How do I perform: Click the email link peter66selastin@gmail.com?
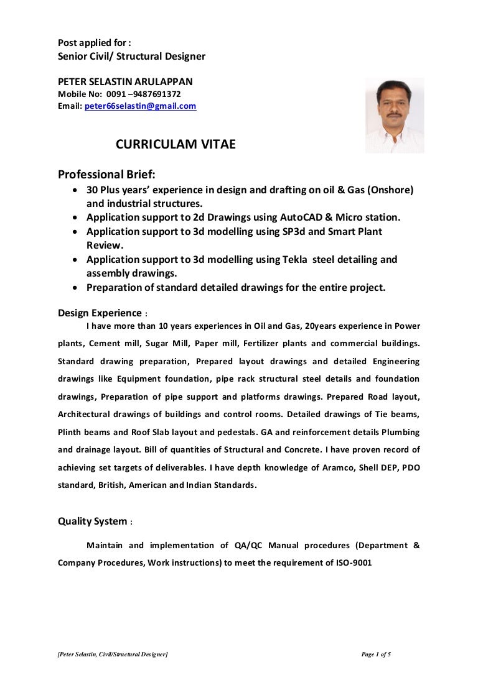pyautogui.click(x=140, y=106)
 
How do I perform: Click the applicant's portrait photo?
pyautogui.click(x=395, y=115)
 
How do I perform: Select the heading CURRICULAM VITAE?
pyautogui.click(x=176, y=145)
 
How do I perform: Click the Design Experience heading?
pyautogui.click(x=100, y=313)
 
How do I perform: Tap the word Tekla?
pyautogui.click(x=295, y=259)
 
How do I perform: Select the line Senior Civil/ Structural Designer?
pyautogui.click(x=131, y=57)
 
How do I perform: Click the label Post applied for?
pyautogui.click(x=94, y=43)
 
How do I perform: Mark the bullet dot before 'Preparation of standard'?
pyautogui.click(x=75, y=288)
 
